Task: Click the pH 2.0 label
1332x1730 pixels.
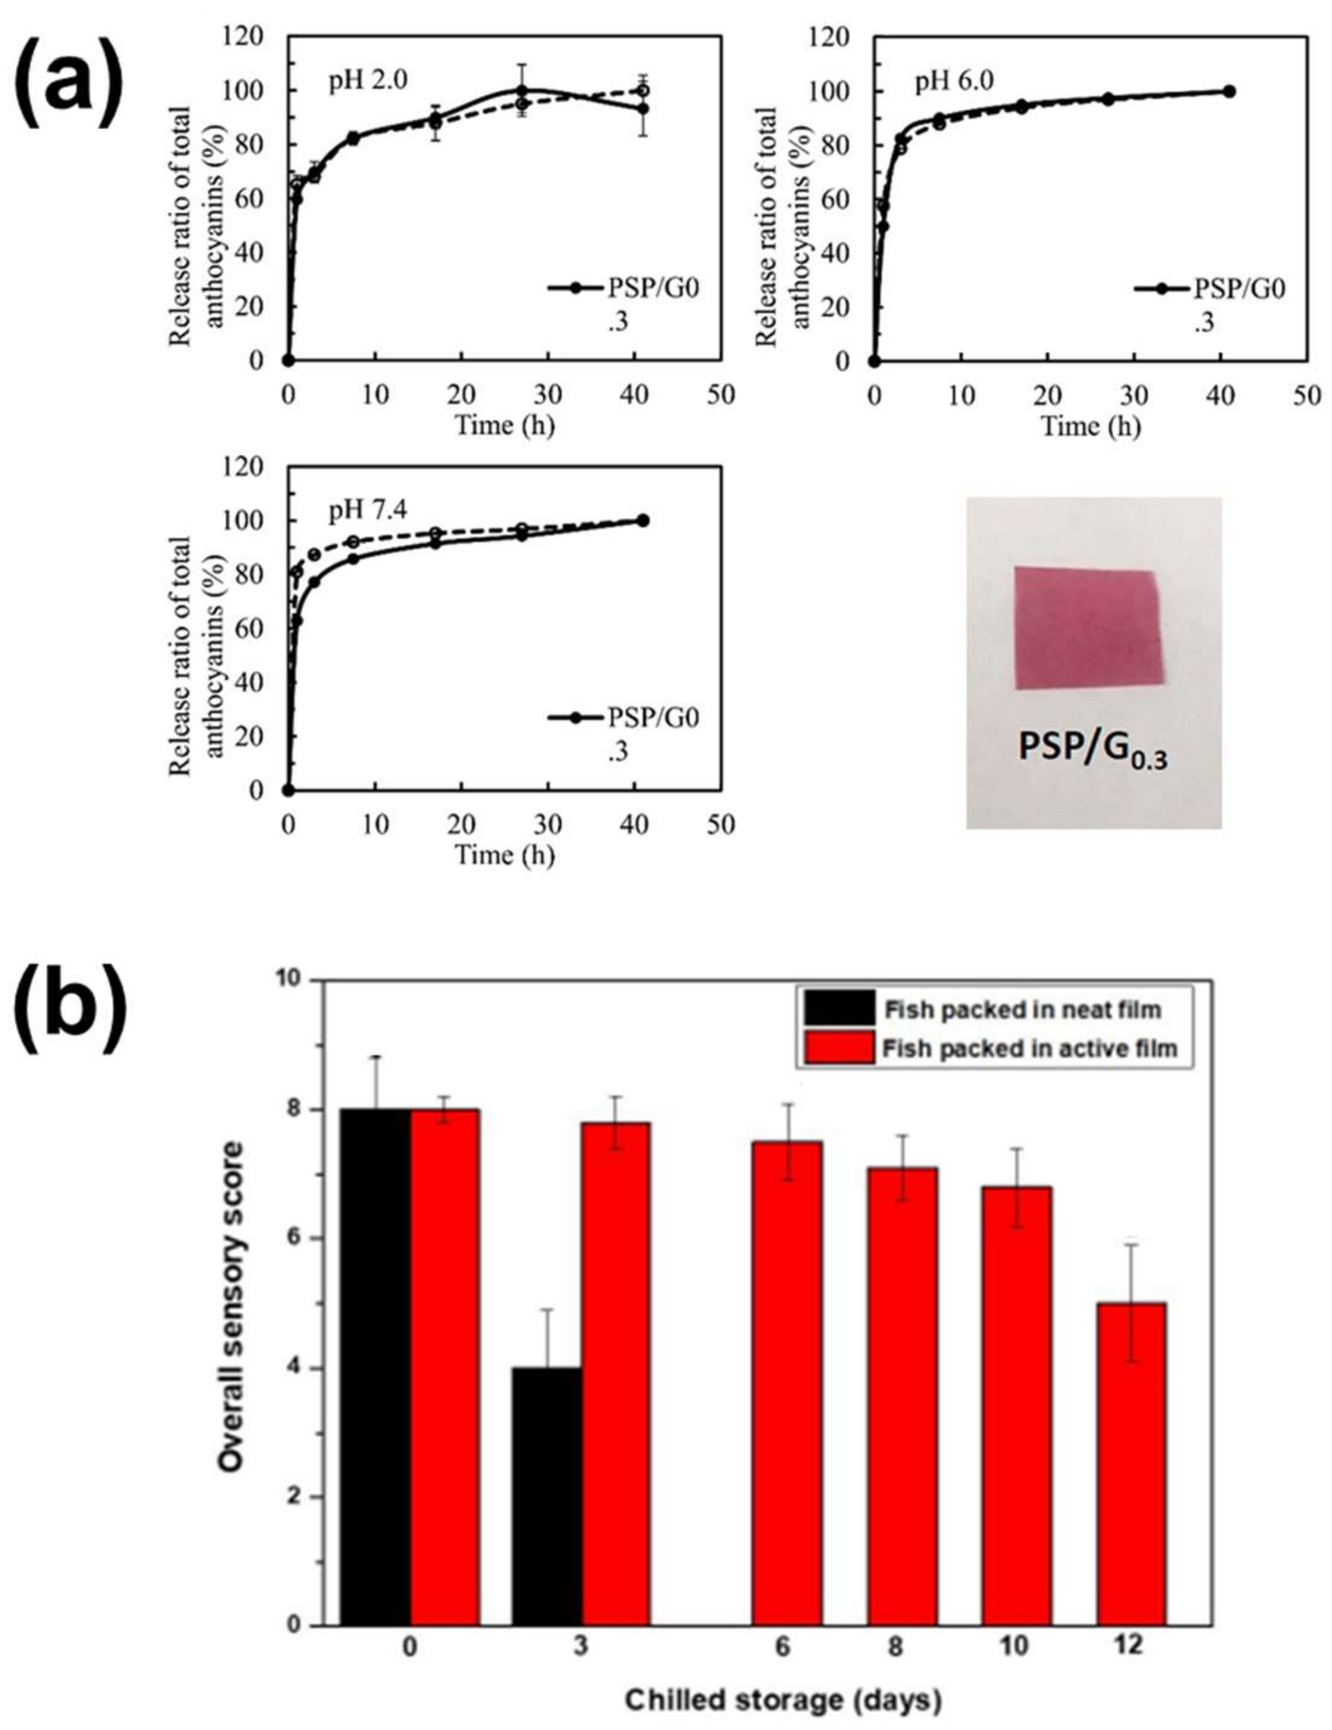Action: click(368, 83)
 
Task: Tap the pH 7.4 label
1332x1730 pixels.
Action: click(368, 512)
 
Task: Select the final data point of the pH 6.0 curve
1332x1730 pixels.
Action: click(1229, 91)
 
